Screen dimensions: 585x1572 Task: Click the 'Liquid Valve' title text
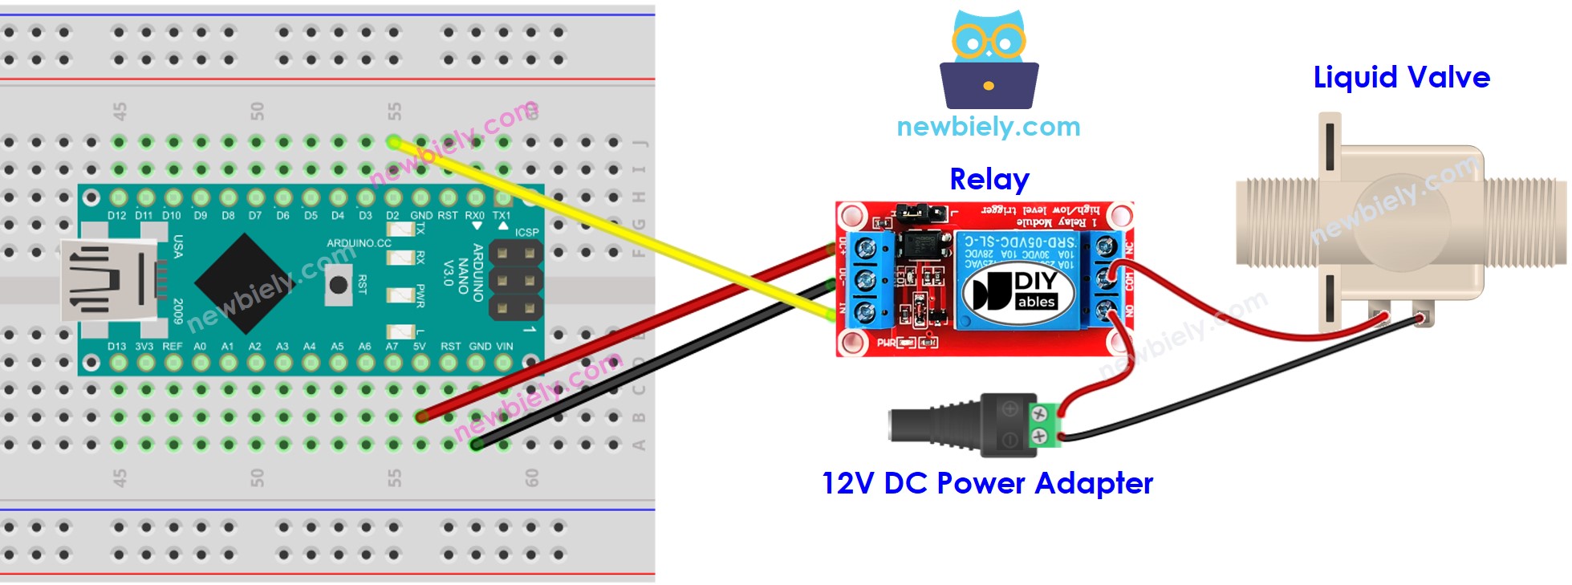click(x=1401, y=78)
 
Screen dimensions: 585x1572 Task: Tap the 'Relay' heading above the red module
click(x=989, y=179)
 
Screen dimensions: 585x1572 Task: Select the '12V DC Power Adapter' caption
click(x=987, y=483)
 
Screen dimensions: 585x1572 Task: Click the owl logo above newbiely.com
click(x=989, y=60)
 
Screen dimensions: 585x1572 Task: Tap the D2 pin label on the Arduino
click(x=392, y=216)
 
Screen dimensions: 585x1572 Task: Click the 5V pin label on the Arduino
click(x=420, y=347)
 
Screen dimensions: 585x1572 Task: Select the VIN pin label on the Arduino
click(x=504, y=347)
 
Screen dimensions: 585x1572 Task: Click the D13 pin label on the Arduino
click(x=116, y=347)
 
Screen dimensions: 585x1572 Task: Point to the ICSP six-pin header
click(x=515, y=278)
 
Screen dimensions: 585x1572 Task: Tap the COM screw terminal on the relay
click(x=1107, y=278)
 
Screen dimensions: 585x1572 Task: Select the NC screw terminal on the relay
click(x=1107, y=247)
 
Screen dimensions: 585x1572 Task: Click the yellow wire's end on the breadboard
click(x=394, y=142)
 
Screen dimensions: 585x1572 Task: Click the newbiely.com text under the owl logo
click(x=989, y=127)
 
